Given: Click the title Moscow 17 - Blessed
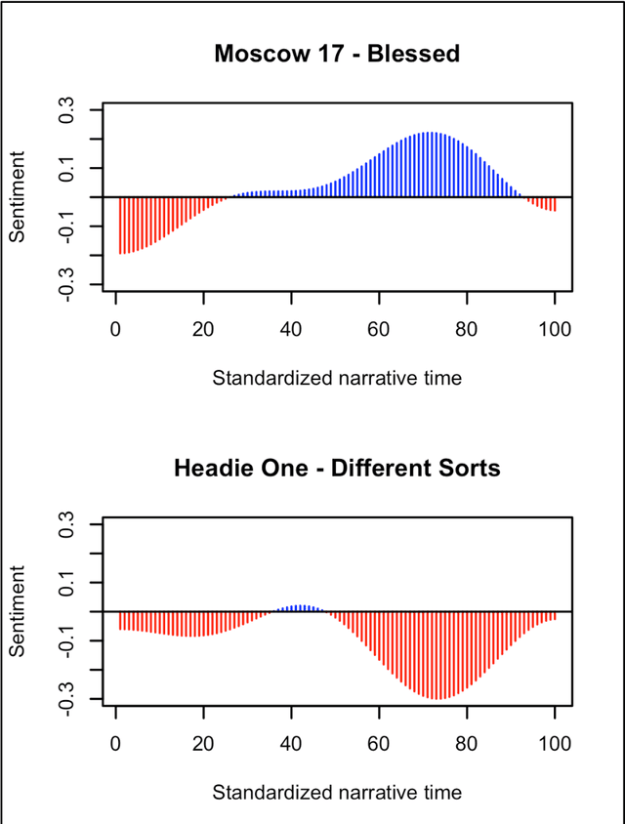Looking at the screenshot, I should click(x=337, y=54).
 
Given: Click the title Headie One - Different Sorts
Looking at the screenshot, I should click(x=337, y=468).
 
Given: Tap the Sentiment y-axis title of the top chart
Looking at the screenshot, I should click(x=19, y=197).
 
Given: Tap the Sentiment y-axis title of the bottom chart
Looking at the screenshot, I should click(x=19, y=612).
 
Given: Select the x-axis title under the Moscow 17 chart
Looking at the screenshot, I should click(x=337, y=377).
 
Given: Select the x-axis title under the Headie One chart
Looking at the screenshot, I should click(x=337, y=792).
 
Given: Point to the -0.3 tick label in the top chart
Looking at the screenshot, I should click(x=69, y=284).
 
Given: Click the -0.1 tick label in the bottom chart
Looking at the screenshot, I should click(x=69, y=640).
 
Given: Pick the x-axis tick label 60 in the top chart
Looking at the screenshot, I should click(x=379, y=327).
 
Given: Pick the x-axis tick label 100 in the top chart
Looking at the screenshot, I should click(x=555, y=327).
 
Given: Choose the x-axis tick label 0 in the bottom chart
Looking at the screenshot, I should click(x=116, y=742).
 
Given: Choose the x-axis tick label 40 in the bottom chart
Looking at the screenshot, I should click(x=291, y=742).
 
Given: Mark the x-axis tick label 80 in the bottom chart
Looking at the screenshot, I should click(x=467, y=742).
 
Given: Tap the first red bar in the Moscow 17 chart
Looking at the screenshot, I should click(x=120, y=225).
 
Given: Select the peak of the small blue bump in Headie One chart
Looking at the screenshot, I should click(x=301, y=607).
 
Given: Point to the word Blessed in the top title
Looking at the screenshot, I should click(x=420, y=54).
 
